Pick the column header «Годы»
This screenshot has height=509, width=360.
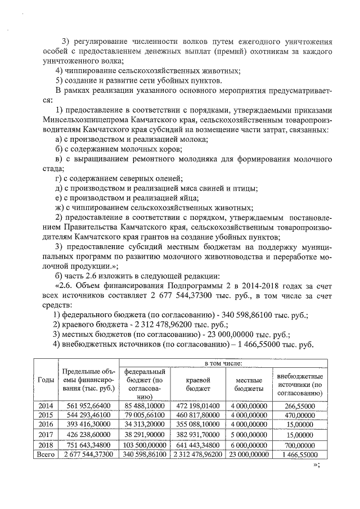point(46,380)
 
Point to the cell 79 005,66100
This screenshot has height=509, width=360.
point(145,415)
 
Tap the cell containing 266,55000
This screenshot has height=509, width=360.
point(299,405)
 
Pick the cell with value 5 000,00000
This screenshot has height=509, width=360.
point(249,434)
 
